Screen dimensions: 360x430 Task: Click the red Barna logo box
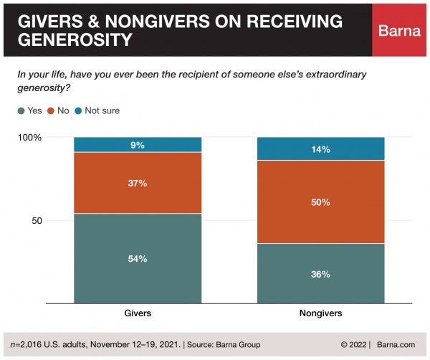click(399, 29)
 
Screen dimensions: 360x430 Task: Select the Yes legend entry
click(29, 110)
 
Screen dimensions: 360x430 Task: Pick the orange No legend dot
click(51, 110)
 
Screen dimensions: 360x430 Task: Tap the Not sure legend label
click(102, 110)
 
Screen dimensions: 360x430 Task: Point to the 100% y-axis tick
click(30, 137)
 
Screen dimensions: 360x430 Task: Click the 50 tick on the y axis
click(37, 220)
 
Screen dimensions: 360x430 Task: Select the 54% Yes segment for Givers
click(138, 258)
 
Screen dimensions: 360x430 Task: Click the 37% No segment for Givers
click(138, 183)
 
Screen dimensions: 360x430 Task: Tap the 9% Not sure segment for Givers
click(138, 145)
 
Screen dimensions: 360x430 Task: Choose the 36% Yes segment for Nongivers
click(320, 273)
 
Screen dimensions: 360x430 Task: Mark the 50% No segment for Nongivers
click(320, 202)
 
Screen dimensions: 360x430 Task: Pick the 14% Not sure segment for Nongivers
click(320, 149)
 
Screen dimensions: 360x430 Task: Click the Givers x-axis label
click(138, 313)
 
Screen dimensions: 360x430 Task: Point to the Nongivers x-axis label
click(320, 313)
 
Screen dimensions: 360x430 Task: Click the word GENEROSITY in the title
click(75, 39)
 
